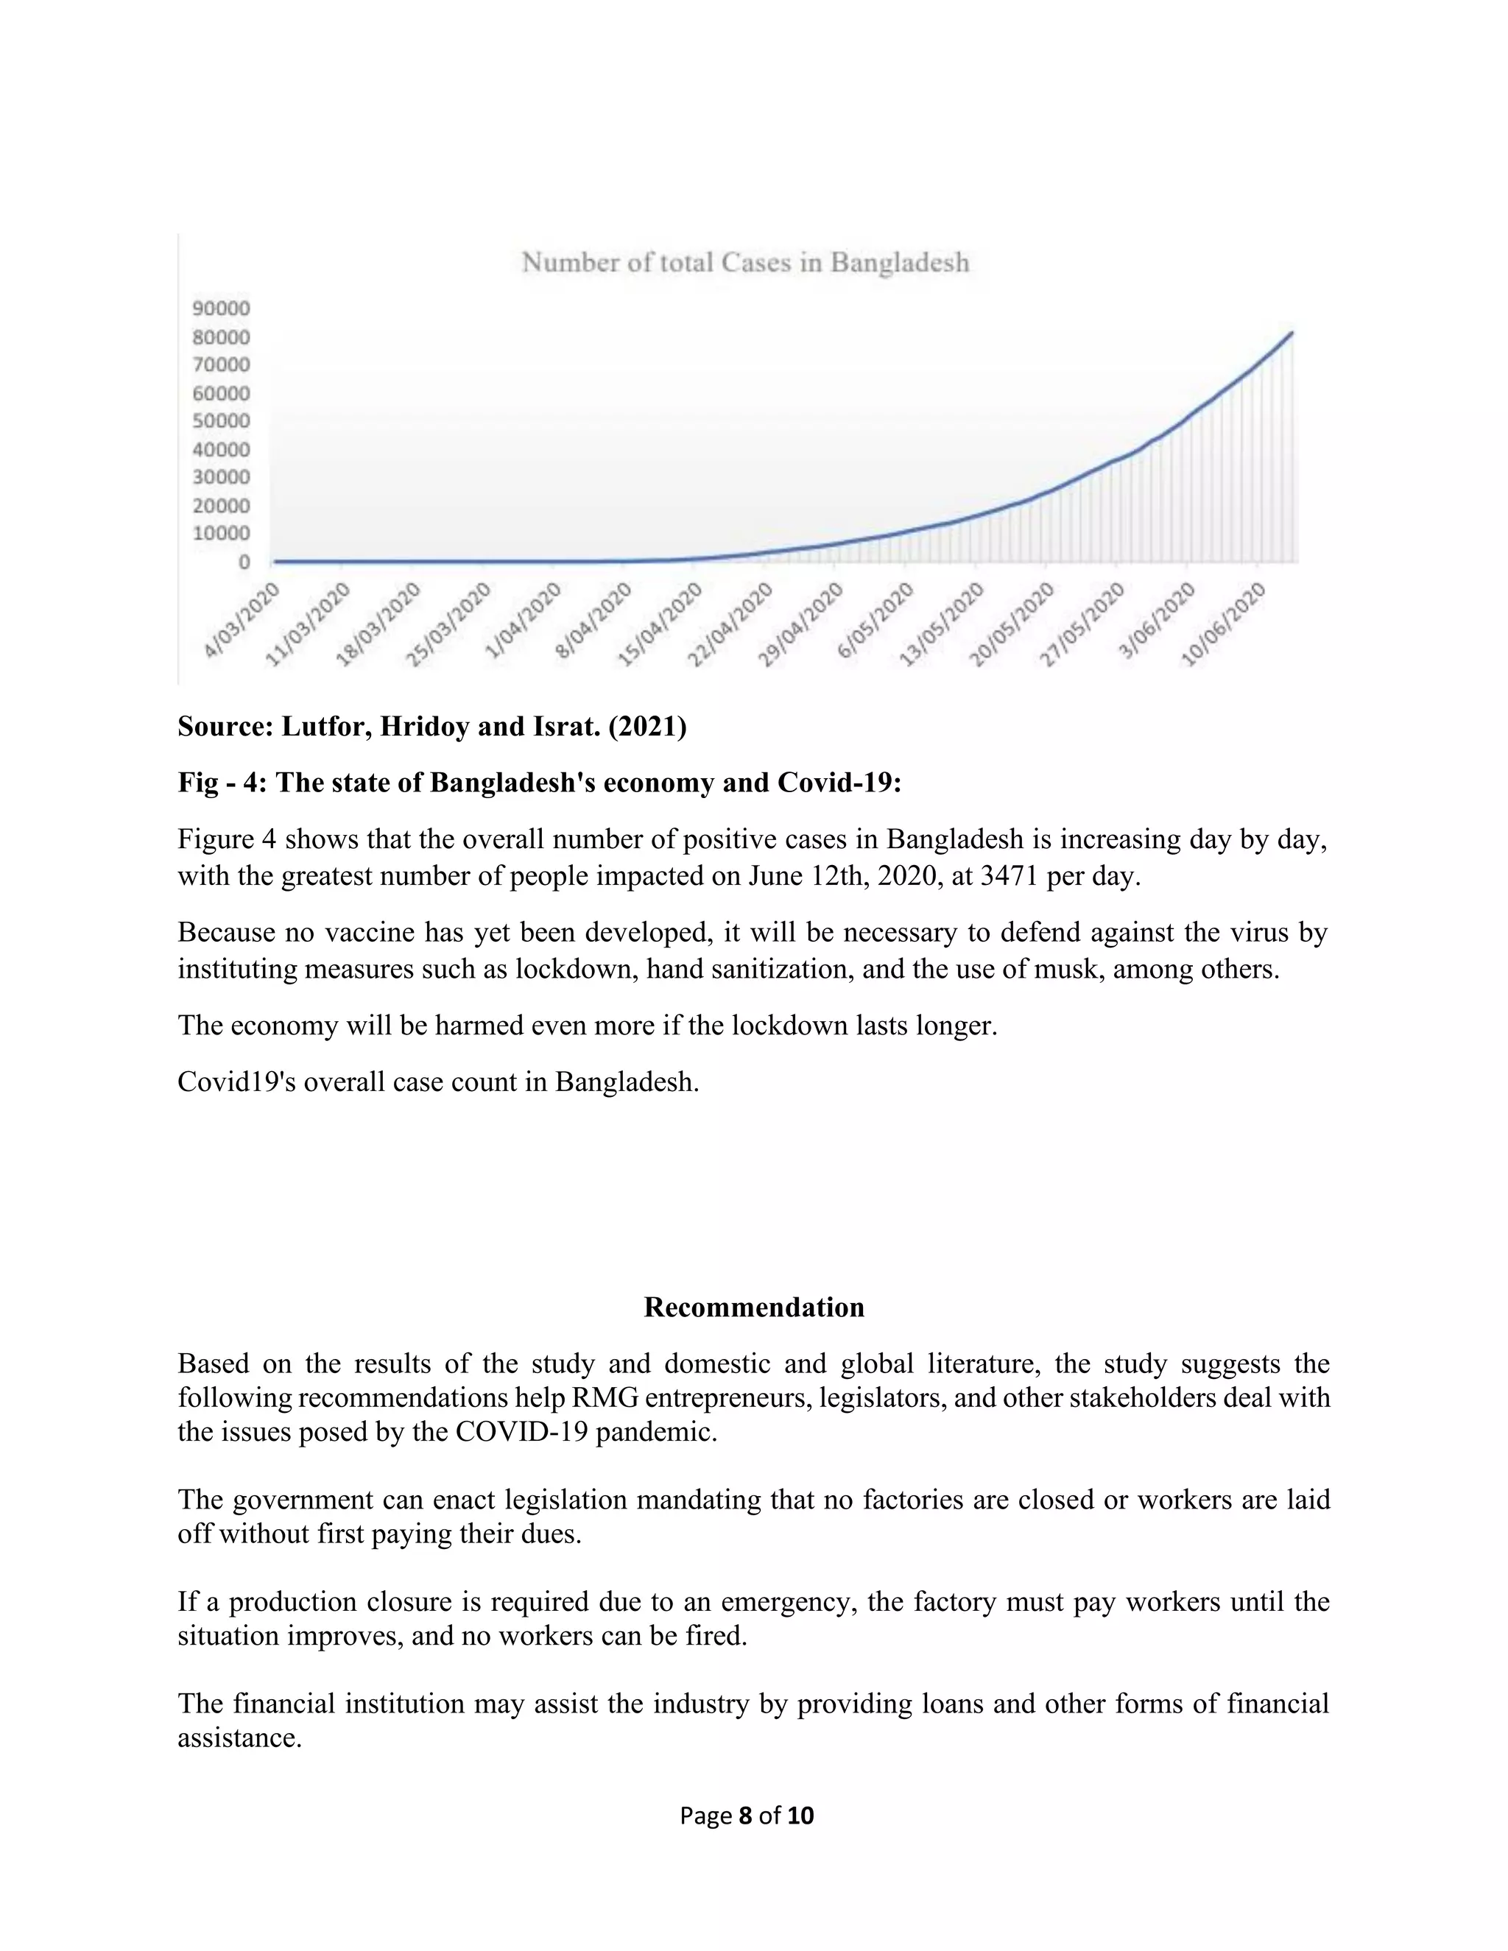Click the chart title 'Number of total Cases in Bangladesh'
745,263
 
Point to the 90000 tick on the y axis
222,309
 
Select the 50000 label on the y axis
222,420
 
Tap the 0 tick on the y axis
244,562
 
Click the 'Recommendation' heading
754,1308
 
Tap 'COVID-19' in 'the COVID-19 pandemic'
522,1432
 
